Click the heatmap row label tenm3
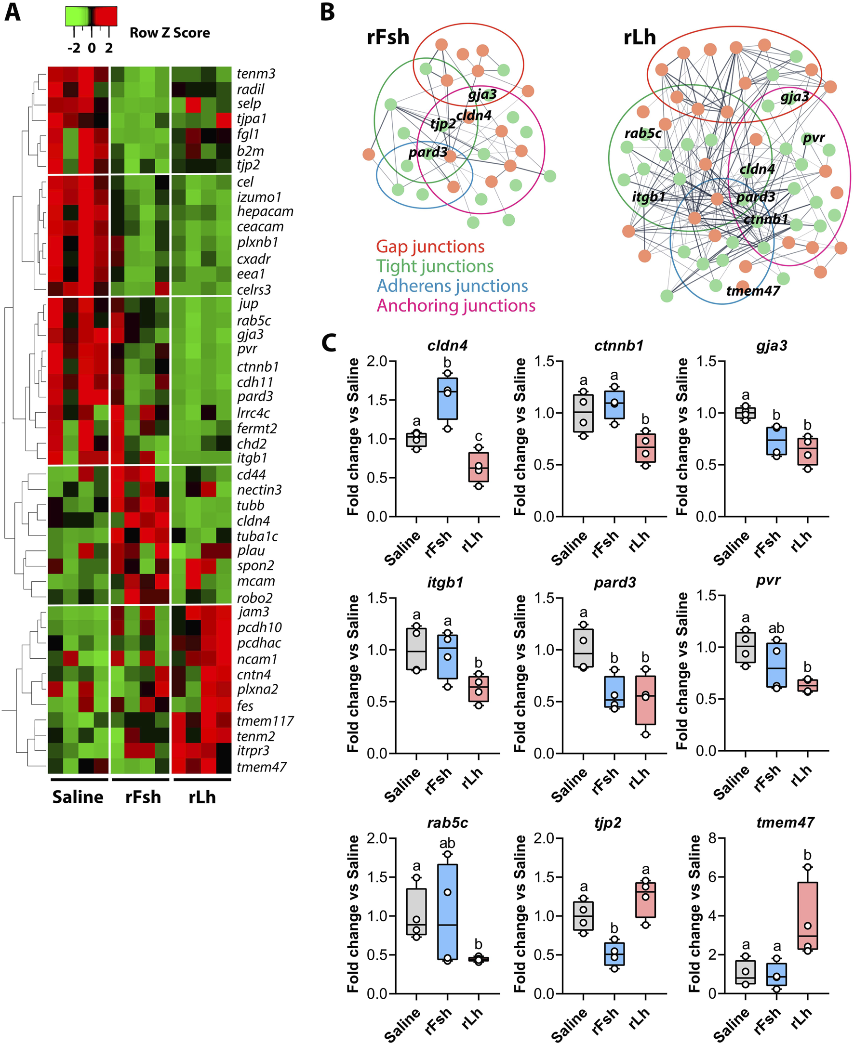pyautogui.click(x=256, y=74)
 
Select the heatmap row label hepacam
pyautogui.click(x=265, y=211)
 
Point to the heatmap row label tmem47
pyautogui.click(x=261, y=767)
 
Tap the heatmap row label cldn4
pyautogui.click(x=254, y=521)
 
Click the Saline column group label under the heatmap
pyautogui.click(x=78, y=797)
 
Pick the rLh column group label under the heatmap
pyautogui.click(x=202, y=797)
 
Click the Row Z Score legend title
pyautogui.click(x=170, y=33)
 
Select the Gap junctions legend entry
pyautogui.click(x=430, y=246)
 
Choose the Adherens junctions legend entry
pyautogui.click(x=452, y=286)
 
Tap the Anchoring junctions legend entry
pyautogui.click(x=455, y=306)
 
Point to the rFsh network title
pyautogui.click(x=387, y=38)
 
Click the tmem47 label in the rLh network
pyautogui.click(x=753, y=291)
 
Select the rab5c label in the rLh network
pyautogui.click(x=642, y=133)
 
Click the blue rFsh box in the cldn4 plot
pyautogui.click(x=447, y=398)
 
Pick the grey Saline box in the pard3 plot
pyautogui.click(x=583, y=648)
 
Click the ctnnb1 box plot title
pyautogui.click(x=618, y=346)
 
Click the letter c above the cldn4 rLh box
pyautogui.click(x=478, y=437)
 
